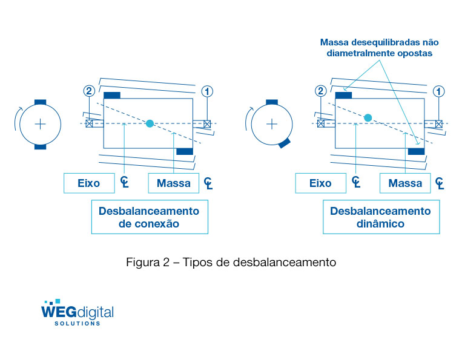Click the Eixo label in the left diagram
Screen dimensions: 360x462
pyautogui.click(x=89, y=183)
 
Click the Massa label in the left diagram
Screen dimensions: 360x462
pyautogui.click(x=173, y=183)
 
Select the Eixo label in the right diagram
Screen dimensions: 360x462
pyautogui.click(x=320, y=183)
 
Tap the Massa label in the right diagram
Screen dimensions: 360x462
pyautogui.click(x=405, y=183)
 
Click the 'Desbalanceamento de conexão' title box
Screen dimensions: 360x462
pyautogui.click(x=149, y=217)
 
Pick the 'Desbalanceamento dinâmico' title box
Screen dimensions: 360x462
pyautogui.click(x=380, y=217)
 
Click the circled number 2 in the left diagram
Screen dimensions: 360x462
pyautogui.click(x=89, y=91)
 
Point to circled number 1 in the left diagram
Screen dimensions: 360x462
pyautogui.click(x=208, y=91)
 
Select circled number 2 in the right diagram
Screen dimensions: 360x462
pyautogui.click(x=320, y=91)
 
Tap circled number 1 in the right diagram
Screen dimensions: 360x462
pyautogui.click(x=439, y=91)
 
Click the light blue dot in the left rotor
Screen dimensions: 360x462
pyautogui.click(x=150, y=123)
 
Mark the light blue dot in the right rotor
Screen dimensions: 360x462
pyautogui.click(x=368, y=117)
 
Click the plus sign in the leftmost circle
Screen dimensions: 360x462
pyautogui.click(x=40, y=124)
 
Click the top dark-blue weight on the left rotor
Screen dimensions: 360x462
pyautogui.click(x=112, y=95)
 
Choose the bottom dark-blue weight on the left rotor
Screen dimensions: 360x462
pyautogui.click(x=184, y=151)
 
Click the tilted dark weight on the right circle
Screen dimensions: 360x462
pyautogui.click(x=284, y=143)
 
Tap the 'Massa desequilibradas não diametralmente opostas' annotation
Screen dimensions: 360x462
pyautogui.click(x=380, y=48)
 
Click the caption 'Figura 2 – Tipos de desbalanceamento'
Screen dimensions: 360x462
pyautogui.click(x=231, y=263)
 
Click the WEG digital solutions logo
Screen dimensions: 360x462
pyautogui.click(x=77, y=313)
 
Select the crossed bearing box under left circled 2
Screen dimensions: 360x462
pyautogui.click(x=89, y=124)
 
